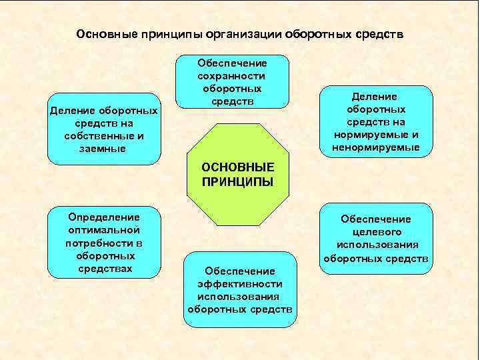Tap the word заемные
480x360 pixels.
point(102,148)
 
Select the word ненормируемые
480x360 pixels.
point(377,147)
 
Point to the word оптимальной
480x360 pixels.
point(104,230)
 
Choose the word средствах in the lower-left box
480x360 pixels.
point(105,268)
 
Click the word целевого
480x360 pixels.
point(376,232)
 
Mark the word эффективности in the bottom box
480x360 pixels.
point(240,284)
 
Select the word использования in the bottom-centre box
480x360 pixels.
point(240,297)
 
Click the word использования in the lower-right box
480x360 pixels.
point(376,245)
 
